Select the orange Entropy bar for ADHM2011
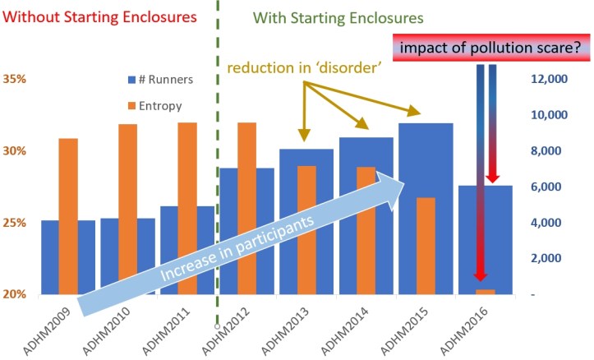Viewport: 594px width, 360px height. [187, 205]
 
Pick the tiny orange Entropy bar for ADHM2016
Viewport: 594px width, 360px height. [485, 292]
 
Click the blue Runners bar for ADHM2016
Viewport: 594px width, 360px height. [485, 238]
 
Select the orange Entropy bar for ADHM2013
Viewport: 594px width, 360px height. [306, 230]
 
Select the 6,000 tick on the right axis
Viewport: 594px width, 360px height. [546, 187]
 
